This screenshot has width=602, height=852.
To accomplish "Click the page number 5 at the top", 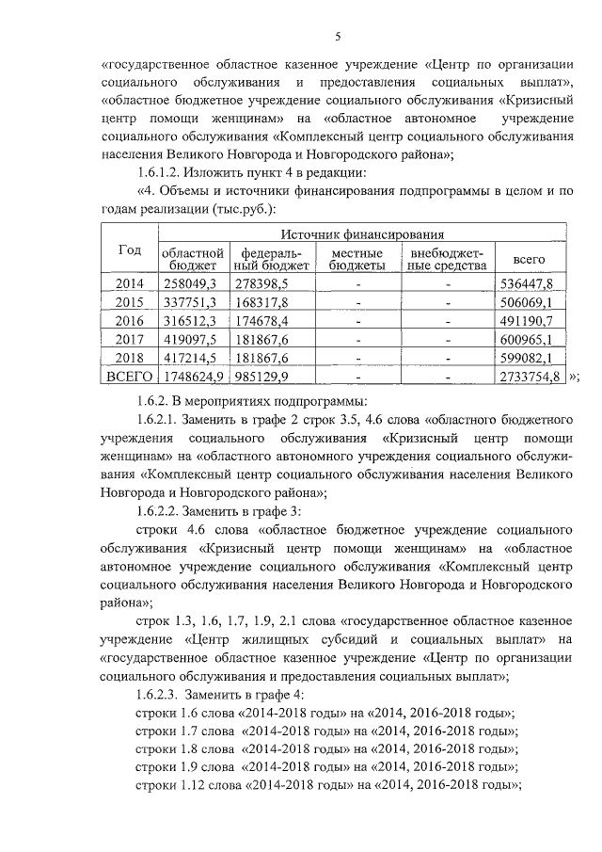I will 337,36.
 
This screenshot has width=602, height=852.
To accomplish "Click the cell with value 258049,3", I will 192,283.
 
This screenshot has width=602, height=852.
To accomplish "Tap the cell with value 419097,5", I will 192,340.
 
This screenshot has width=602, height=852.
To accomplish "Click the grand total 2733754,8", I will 530,377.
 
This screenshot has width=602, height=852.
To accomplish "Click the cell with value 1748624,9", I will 192,377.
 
